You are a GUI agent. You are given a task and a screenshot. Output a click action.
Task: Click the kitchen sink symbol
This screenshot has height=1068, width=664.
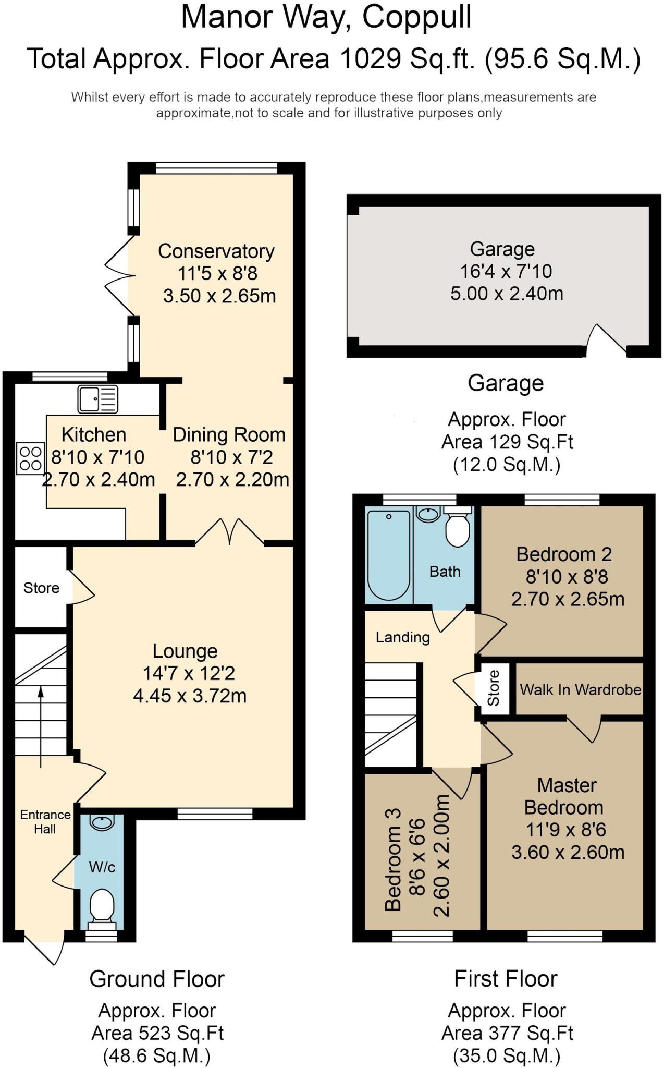[98, 399]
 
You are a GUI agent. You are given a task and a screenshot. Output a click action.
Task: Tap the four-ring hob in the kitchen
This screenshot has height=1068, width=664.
[30, 458]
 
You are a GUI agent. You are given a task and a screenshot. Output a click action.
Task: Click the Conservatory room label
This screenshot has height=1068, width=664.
[216, 251]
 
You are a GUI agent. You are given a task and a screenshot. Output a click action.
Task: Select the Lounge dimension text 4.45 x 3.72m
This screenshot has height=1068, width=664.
[190, 696]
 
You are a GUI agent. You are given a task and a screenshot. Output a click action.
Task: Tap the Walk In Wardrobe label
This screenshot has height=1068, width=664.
[580, 689]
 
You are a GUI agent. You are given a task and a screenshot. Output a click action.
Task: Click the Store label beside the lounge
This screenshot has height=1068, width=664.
[41, 588]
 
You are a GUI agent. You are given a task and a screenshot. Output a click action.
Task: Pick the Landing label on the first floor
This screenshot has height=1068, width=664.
[402, 637]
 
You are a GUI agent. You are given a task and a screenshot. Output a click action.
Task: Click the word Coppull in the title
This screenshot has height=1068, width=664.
[416, 17]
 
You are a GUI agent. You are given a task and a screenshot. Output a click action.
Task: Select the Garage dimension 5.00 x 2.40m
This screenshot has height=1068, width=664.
[507, 293]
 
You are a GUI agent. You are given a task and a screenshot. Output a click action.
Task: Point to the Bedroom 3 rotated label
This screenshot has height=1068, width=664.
[393, 859]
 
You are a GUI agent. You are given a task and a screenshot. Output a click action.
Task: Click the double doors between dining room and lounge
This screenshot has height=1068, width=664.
[229, 532]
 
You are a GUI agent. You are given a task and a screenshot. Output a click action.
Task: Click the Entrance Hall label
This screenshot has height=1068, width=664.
[45, 821]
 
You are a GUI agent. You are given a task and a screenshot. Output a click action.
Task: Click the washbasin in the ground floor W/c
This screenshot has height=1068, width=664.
[101, 823]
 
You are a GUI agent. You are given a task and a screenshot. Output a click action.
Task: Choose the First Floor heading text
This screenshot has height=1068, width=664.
[505, 979]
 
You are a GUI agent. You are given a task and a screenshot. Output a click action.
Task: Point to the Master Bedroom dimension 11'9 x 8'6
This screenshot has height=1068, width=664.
[565, 829]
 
